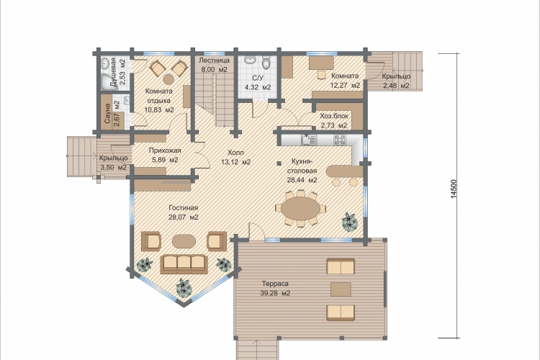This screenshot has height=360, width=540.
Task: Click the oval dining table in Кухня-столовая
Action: (301, 209)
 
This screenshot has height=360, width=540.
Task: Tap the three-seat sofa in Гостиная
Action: (184, 264)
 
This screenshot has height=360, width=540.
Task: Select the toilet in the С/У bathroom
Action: (266, 63)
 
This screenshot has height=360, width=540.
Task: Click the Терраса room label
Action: (275, 284)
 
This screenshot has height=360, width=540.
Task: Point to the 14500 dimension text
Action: (454, 189)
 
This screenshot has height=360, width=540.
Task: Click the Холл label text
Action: (235, 152)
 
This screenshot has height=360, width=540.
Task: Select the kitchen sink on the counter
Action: (308, 140)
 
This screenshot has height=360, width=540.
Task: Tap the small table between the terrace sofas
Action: (341, 289)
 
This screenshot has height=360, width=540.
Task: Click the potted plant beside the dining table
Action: (349, 221)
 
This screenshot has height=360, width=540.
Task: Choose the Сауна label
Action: (107, 114)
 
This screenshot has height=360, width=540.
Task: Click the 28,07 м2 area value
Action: (183, 217)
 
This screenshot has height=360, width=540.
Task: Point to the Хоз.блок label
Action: (333, 116)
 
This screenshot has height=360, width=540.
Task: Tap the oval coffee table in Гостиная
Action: (184, 240)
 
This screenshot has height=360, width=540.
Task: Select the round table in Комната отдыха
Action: (168, 79)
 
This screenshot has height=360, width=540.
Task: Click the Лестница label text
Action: (215, 60)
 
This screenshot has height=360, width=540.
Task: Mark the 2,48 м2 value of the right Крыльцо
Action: (396, 86)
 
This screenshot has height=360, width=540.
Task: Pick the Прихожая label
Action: (165, 150)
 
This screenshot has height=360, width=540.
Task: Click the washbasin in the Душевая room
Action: (105, 63)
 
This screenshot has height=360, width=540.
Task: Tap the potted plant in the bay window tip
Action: (184, 288)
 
